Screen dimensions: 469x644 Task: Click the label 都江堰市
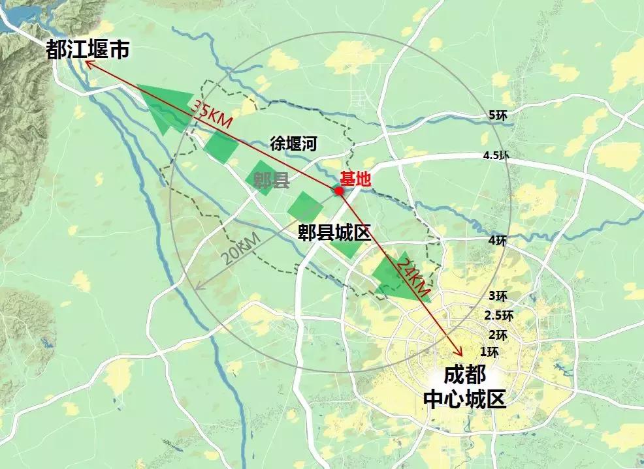(x=88, y=50)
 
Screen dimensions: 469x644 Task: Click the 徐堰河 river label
(x=293, y=144)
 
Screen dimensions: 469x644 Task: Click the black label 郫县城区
(x=334, y=233)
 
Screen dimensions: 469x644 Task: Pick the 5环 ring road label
(x=498, y=115)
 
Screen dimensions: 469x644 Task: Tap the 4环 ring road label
(x=497, y=241)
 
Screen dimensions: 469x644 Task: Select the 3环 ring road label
(x=498, y=295)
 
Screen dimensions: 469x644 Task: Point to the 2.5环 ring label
(x=498, y=316)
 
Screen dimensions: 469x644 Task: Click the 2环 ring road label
(x=498, y=335)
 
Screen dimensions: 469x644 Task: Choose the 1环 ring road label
(x=489, y=352)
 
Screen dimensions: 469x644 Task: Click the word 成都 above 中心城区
(x=464, y=376)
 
